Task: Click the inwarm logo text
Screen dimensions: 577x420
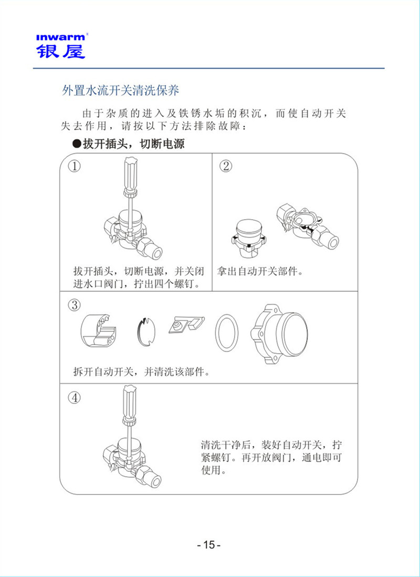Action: pos(60,37)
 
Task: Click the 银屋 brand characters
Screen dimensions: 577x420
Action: pos(60,51)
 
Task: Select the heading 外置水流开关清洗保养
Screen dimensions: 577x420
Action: pos(120,90)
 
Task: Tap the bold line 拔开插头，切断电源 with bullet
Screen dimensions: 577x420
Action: pos(128,143)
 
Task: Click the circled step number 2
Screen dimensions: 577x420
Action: pos(226,167)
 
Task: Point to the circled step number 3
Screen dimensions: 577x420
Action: pos(75,305)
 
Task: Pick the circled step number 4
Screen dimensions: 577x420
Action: pos(75,397)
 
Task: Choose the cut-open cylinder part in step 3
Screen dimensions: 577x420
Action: pos(100,332)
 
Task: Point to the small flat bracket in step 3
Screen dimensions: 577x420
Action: pos(186,325)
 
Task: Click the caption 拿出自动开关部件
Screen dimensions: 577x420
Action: pos(262,272)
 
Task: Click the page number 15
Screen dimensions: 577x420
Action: pos(209,545)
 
